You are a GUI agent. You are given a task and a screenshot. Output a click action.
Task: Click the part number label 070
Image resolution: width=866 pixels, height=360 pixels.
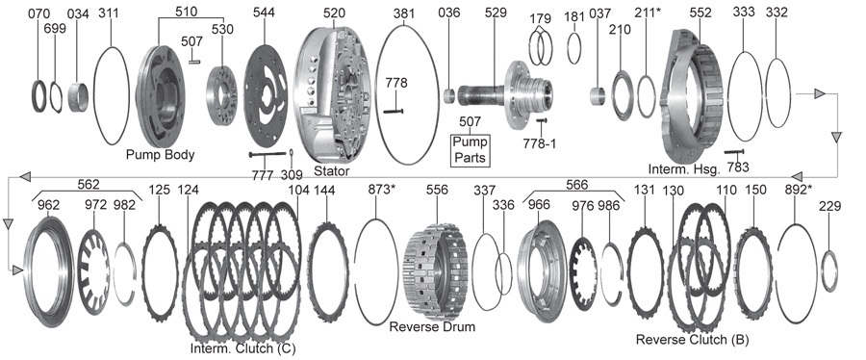pyautogui.click(x=39, y=13)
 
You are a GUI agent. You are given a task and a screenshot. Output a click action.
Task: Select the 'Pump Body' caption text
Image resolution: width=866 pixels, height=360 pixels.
pyautogui.click(x=160, y=155)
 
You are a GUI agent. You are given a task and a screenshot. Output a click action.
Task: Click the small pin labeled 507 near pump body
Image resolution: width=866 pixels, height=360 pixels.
pyautogui.click(x=193, y=62)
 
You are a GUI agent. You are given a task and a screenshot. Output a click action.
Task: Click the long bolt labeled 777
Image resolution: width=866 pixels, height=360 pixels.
pyautogui.click(x=267, y=154)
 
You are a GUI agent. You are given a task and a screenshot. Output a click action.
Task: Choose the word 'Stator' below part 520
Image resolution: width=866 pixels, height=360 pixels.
pyautogui.click(x=331, y=171)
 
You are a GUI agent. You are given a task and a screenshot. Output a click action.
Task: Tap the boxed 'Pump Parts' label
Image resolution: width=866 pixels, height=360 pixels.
pyautogui.click(x=470, y=149)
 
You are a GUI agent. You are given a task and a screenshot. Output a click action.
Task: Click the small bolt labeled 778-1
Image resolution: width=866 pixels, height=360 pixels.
pyautogui.click(x=541, y=120)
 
